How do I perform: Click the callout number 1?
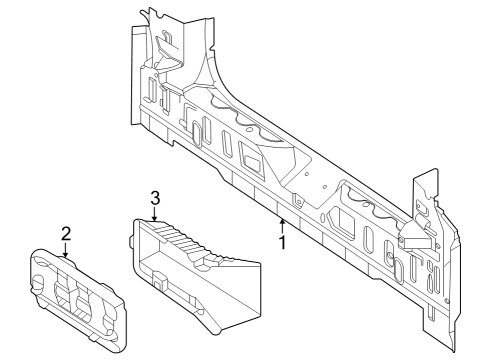pos(283,242)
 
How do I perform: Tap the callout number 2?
pos(66,234)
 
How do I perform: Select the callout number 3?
pos(155,198)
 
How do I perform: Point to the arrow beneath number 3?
pos(154,214)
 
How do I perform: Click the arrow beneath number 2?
pos(65,250)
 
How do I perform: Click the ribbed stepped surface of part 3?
pos(182,242)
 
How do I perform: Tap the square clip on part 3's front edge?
pos(160,279)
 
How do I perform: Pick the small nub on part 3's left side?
pos(131,242)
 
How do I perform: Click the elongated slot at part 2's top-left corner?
pos(42,259)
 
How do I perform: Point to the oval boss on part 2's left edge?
pos(37,280)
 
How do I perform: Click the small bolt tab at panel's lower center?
pos(298,201)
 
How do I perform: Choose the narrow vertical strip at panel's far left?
pos(135,76)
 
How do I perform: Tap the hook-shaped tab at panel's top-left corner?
pos(145,14)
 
